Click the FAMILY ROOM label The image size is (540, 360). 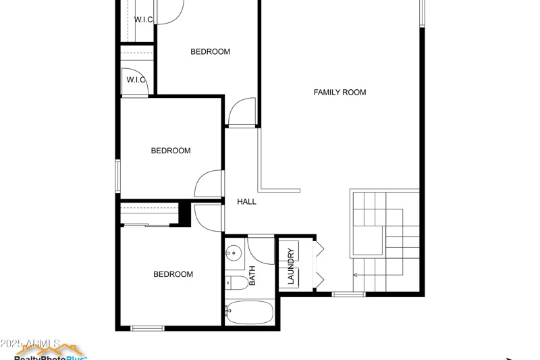(x=340, y=93)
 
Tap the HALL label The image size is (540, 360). (x=246, y=201)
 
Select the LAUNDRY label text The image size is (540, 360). (x=291, y=266)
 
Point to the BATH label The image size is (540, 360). (x=252, y=276)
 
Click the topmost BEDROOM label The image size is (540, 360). (x=210, y=52)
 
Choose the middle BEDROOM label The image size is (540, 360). (x=170, y=151)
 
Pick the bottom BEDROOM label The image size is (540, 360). (x=173, y=274)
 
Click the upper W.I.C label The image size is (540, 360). (x=143, y=20)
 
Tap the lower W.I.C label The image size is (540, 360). (x=136, y=80)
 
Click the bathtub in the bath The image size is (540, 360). (x=250, y=313)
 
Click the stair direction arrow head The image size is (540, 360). (x=355, y=275)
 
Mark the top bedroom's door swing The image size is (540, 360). (x=242, y=112)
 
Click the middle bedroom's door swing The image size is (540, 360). (x=209, y=184)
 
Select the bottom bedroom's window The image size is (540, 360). (x=147, y=329)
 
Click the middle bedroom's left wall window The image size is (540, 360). (x=117, y=176)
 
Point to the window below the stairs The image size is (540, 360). (x=348, y=294)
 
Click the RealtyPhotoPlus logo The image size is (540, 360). (x=51, y=353)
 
